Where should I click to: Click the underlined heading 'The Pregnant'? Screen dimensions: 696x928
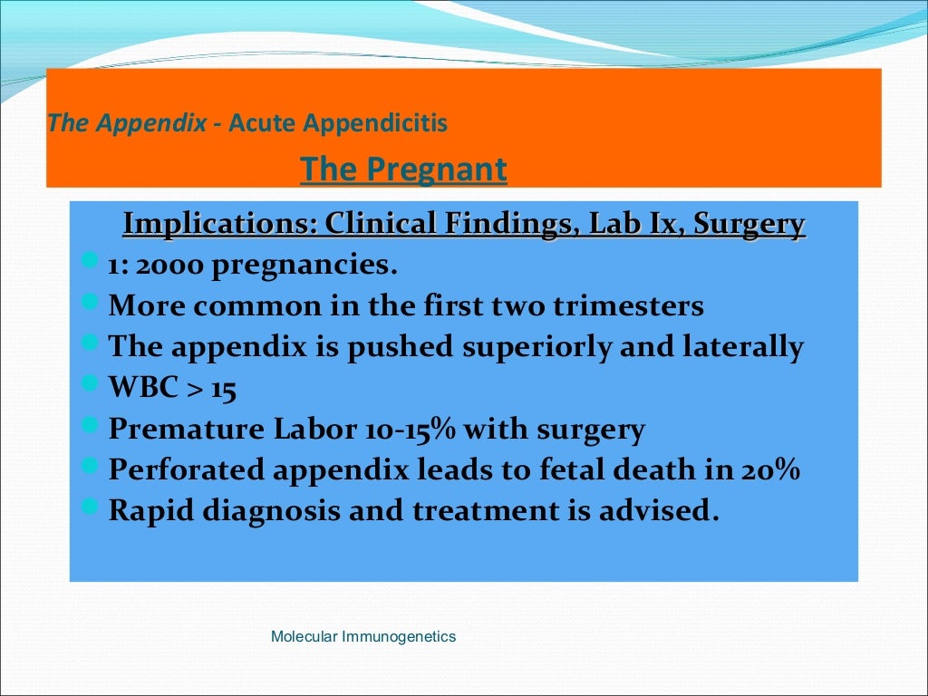coord(403,169)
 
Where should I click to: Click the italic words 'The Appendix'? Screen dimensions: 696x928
coord(127,122)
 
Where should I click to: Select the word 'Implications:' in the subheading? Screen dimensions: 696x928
coord(220,223)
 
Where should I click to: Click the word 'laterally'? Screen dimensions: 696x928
coord(739,347)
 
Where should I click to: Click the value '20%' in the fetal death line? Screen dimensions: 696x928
coord(772,469)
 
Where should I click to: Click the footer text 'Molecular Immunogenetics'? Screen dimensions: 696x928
coord(363,637)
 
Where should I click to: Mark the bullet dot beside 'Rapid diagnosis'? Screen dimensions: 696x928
coord(89,507)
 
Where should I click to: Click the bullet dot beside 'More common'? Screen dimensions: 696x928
coord(89,302)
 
